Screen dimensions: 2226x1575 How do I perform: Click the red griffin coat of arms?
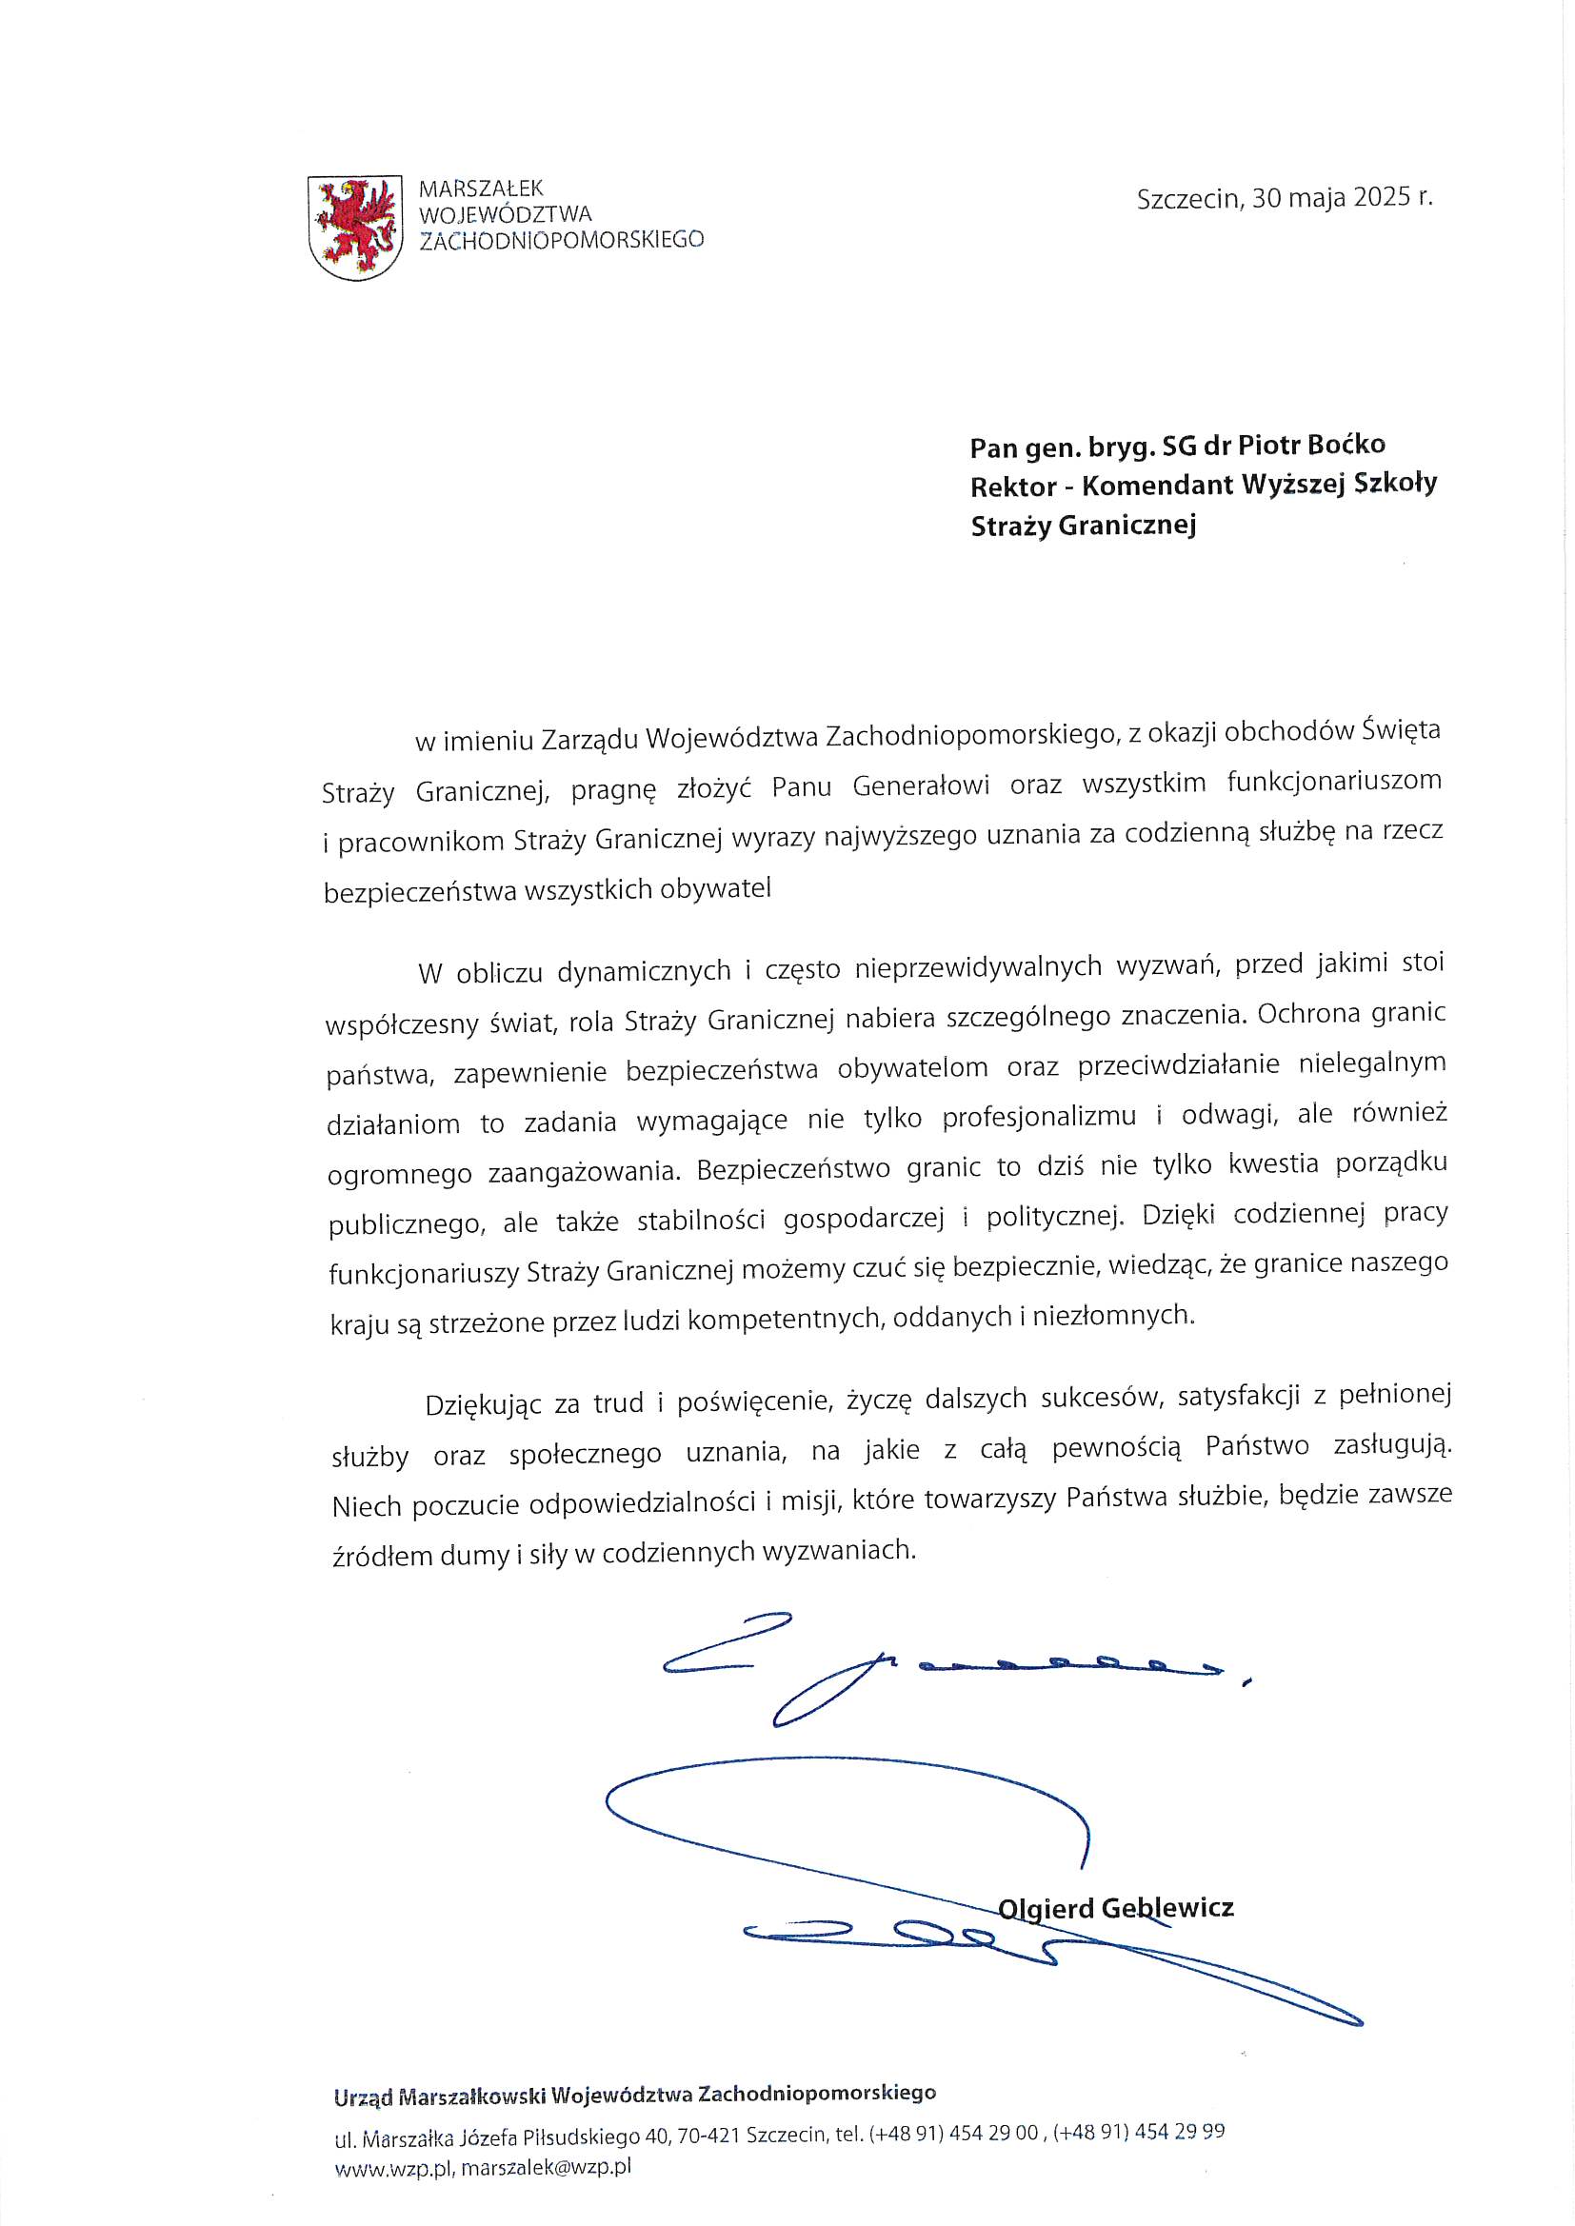coord(354,228)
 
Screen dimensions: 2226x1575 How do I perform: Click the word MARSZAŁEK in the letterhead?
coord(481,189)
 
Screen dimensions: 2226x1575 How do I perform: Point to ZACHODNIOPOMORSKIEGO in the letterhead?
coord(562,240)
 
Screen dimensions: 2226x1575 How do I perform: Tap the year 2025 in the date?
coord(1382,197)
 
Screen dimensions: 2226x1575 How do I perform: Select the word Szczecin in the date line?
coord(1188,199)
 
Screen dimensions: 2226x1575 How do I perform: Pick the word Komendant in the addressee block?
coord(1157,485)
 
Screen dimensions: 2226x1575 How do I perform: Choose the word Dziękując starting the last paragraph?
coord(481,1403)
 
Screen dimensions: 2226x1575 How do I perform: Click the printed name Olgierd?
coord(1046,1909)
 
